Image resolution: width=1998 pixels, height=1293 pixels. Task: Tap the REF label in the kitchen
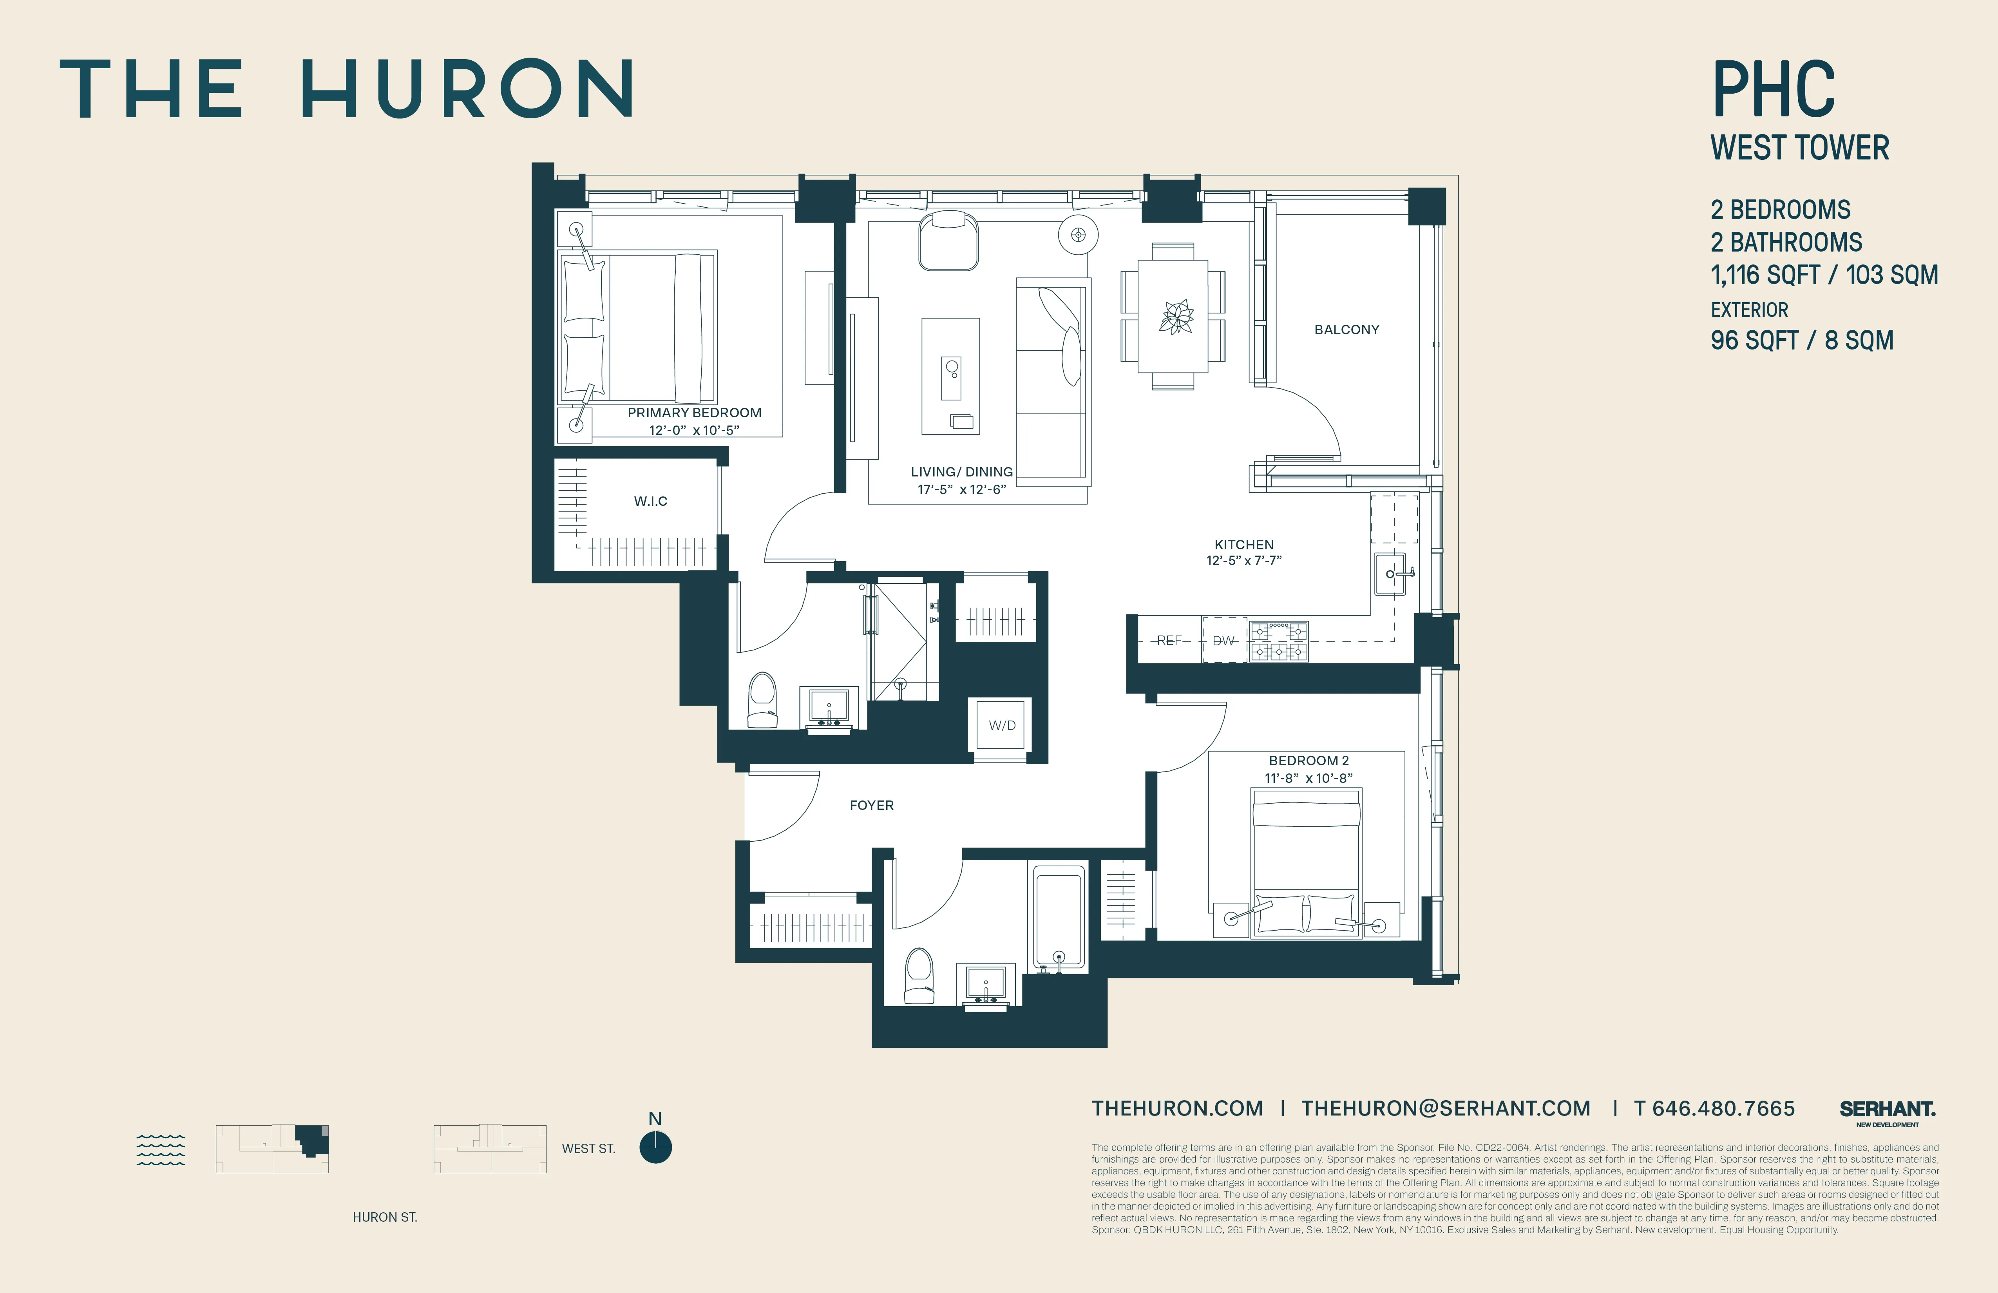[1169, 641]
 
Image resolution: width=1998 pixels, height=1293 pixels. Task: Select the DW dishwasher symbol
[1224, 641]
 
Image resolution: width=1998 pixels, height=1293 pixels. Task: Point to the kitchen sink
[1390, 574]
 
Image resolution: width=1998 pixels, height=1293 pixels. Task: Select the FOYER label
[871, 805]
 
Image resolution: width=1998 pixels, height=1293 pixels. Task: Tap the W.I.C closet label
[651, 501]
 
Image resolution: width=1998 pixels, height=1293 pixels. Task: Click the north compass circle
[656, 1148]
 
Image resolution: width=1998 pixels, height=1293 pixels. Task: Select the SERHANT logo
[1887, 1110]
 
